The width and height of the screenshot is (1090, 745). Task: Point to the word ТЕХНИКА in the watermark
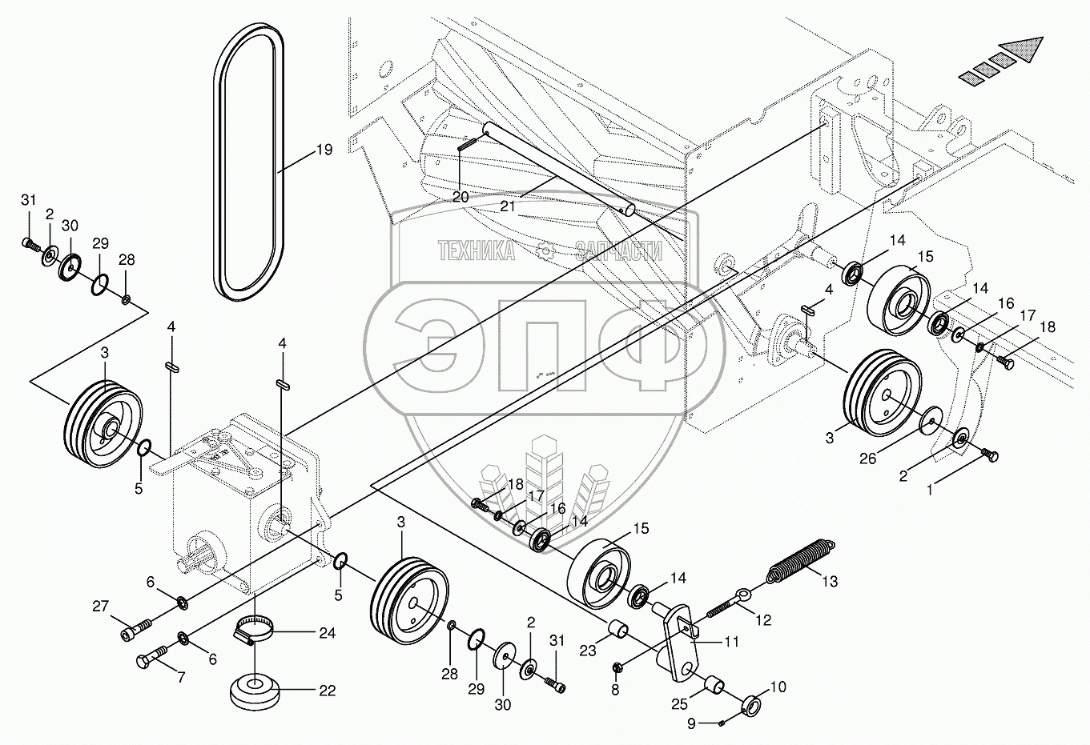pos(477,252)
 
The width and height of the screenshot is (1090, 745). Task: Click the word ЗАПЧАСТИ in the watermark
pos(618,252)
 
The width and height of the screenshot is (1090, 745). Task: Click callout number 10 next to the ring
pos(778,687)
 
